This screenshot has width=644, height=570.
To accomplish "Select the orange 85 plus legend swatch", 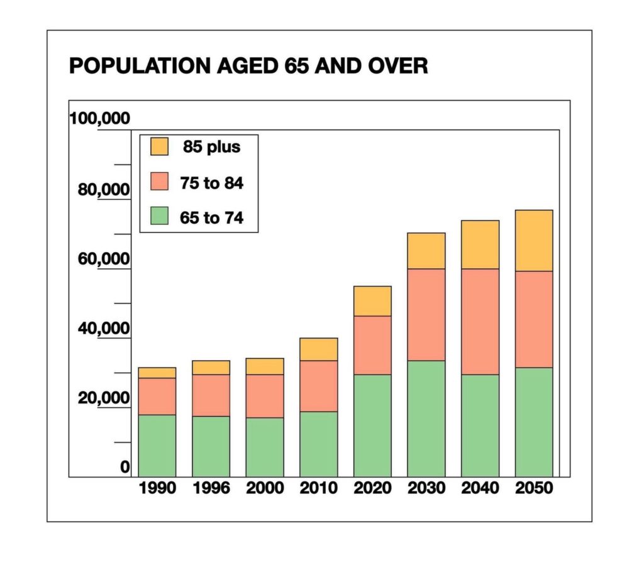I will pos(159,146).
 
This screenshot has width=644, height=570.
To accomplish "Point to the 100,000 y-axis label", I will pos(100,118).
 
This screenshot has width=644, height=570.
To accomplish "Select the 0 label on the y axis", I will pos(125,466).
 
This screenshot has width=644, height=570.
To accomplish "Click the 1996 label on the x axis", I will pos(211,488).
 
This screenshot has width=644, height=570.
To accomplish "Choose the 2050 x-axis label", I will pos(533,488).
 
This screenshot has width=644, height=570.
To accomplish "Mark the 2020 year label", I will pos(372,488).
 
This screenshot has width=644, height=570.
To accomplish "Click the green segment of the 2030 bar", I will pos(426,419).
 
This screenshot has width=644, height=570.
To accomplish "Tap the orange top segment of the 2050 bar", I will pos(533,241).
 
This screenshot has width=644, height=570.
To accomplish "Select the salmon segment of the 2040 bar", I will pos(480,322).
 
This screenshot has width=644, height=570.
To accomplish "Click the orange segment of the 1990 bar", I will pos(157,373).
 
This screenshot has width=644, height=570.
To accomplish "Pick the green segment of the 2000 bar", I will pos(265,447).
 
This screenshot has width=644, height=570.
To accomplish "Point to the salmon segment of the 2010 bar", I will pos(318,386).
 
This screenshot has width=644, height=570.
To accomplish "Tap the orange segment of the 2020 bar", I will pos(372,301).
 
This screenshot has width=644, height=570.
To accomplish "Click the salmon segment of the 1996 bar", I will pos(211,395).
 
